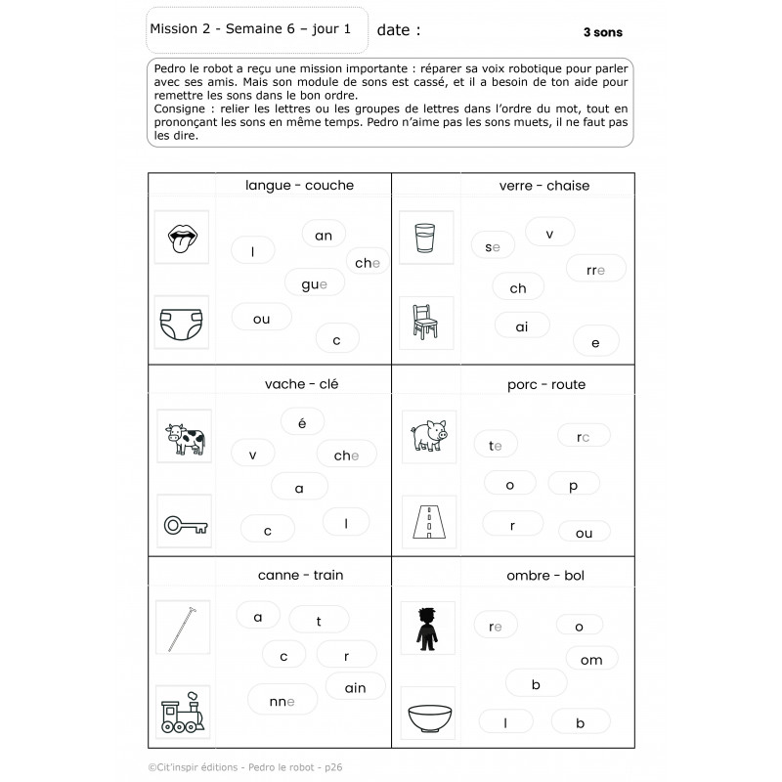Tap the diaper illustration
(x=182, y=322)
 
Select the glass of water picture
(x=426, y=239)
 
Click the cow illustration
(x=184, y=438)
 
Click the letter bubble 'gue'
(x=315, y=283)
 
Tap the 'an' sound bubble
(x=324, y=235)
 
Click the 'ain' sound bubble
(x=355, y=687)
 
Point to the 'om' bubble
(x=591, y=660)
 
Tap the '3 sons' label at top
(x=602, y=32)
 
